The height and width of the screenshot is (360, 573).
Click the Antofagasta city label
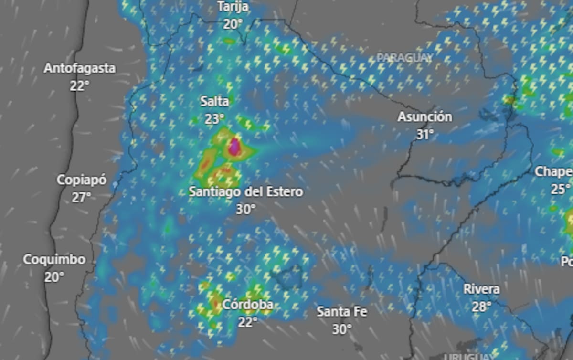click(x=80, y=68)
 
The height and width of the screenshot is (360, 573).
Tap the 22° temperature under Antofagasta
click(x=80, y=86)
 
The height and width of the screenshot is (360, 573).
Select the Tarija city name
click(x=233, y=7)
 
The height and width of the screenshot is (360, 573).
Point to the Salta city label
click(x=214, y=101)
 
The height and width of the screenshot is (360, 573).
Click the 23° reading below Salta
click(x=214, y=119)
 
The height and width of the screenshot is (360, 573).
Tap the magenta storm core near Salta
click(x=234, y=147)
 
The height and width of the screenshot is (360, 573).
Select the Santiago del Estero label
click(x=245, y=192)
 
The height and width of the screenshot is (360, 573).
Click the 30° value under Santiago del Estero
click(x=245, y=209)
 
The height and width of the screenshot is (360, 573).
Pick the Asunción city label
click(x=424, y=117)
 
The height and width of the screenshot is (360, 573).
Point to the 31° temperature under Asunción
click(x=424, y=135)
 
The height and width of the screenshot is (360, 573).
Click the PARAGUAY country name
click(x=404, y=58)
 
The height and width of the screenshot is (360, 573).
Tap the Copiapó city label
click(x=82, y=180)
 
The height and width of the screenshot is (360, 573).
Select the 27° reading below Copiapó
click(x=82, y=197)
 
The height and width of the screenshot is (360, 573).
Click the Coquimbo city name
click(x=54, y=260)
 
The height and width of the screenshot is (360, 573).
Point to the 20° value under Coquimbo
click(x=54, y=277)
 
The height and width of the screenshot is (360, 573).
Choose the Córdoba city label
click(x=248, y=305)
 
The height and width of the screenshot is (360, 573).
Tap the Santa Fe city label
click(x=342, y=312)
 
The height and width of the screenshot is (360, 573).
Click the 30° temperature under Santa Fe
click(x=342, y=329)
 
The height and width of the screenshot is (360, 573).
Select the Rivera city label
click(x=482, y=289)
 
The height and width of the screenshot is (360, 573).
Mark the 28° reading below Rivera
click(x=482, y=307)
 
